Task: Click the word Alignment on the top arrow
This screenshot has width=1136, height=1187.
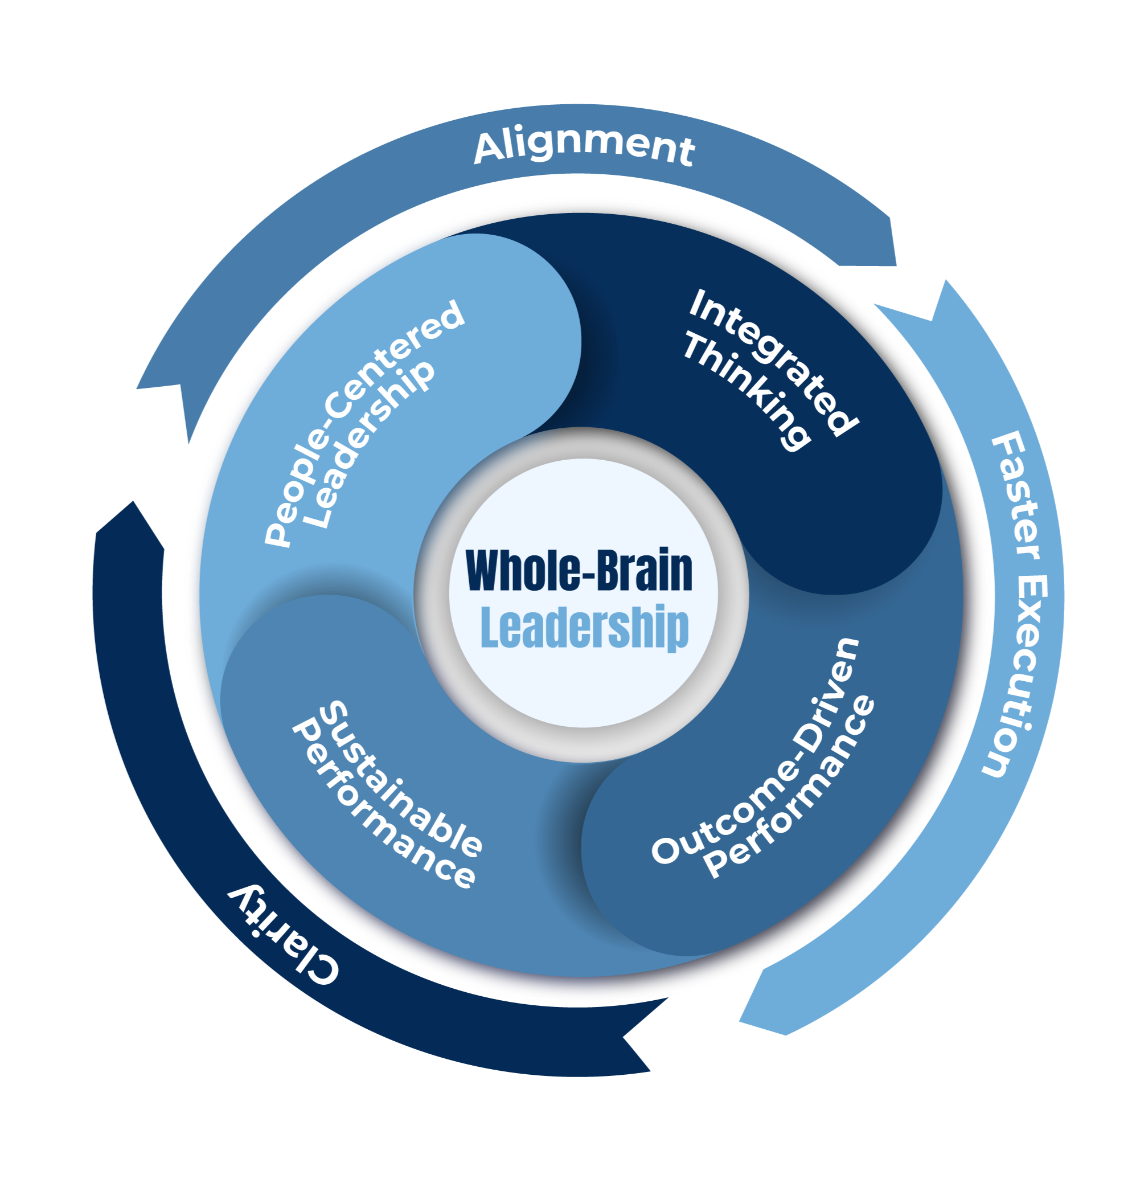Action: pyautogui.click(x=584, y=146)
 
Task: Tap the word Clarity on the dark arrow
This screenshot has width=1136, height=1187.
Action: pyautogui.click(x=282, y=938)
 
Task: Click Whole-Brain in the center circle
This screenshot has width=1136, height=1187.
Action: pyautogui.click(x=579, y=570)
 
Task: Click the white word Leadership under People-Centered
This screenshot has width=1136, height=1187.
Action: pyautogui.click(x=370, y=445)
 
